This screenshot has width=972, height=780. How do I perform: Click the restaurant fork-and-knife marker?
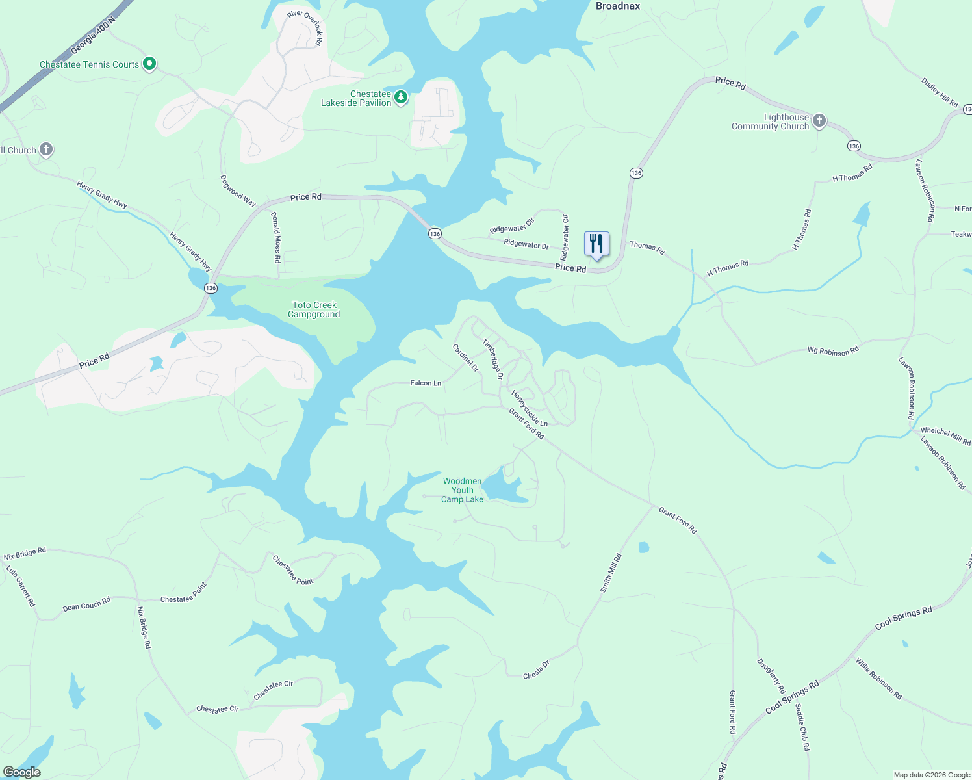click(596, 244)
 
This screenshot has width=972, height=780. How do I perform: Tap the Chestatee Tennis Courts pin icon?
click(149, 64)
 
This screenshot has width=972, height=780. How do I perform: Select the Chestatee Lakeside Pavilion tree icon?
click(402, 97)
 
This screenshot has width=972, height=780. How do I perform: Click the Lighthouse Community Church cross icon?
click(819, 120)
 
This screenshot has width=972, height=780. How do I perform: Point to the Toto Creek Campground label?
click(314, 309)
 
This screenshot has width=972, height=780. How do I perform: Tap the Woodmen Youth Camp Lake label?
click(463, 490)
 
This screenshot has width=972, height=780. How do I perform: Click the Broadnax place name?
click(618, 6)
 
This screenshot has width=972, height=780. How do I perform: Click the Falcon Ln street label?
click(426, 383)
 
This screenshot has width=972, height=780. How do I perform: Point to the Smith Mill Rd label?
click(611, 573)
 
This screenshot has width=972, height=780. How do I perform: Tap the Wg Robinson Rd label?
click(833, 351)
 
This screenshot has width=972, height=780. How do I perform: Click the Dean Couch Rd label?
click(86, 604)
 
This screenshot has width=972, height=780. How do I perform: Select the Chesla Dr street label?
click(536, 670)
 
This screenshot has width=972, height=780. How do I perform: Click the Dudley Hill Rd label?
click(940, 92)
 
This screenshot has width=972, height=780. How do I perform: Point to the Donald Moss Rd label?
click(276, 237)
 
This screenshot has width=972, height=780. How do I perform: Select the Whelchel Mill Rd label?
click(945, 435)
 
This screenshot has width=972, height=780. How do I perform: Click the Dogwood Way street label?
click(238, 190)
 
